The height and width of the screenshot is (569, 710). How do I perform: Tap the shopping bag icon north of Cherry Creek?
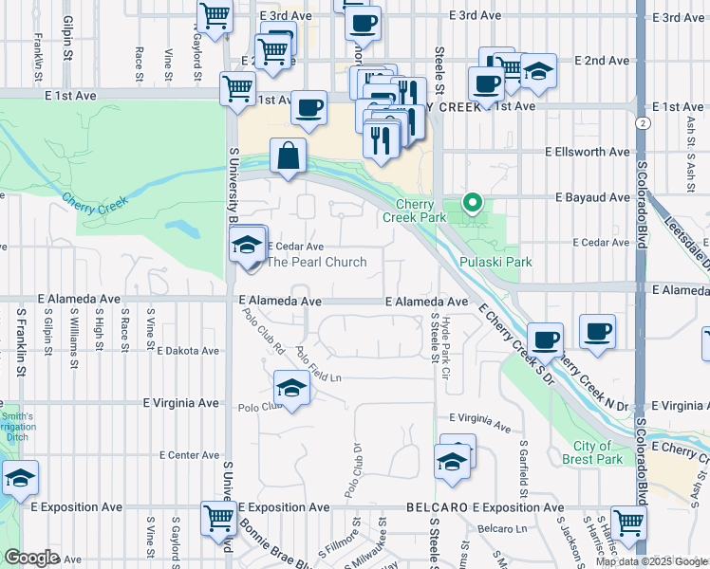[x=288, y=155]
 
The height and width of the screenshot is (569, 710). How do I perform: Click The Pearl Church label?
[x=316, y=262]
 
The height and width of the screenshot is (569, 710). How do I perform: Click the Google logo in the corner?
[x=31, y=558]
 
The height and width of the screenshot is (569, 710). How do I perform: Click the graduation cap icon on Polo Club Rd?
[x=291, y=387]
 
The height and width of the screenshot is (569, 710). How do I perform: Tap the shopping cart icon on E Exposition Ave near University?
[x=218, y=518]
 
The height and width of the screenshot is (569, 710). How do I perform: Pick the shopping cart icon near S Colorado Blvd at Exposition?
[x=628, y=521]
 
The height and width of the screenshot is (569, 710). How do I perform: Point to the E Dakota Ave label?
[x=188, y=351]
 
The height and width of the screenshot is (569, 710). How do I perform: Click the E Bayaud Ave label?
[x=592, y=197]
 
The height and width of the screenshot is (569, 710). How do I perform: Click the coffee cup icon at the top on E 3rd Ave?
[x=362, y=23]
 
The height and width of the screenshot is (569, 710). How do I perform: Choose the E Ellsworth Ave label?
[x=587, y=152]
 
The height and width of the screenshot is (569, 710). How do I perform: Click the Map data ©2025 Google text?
[x=650, y=560]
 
